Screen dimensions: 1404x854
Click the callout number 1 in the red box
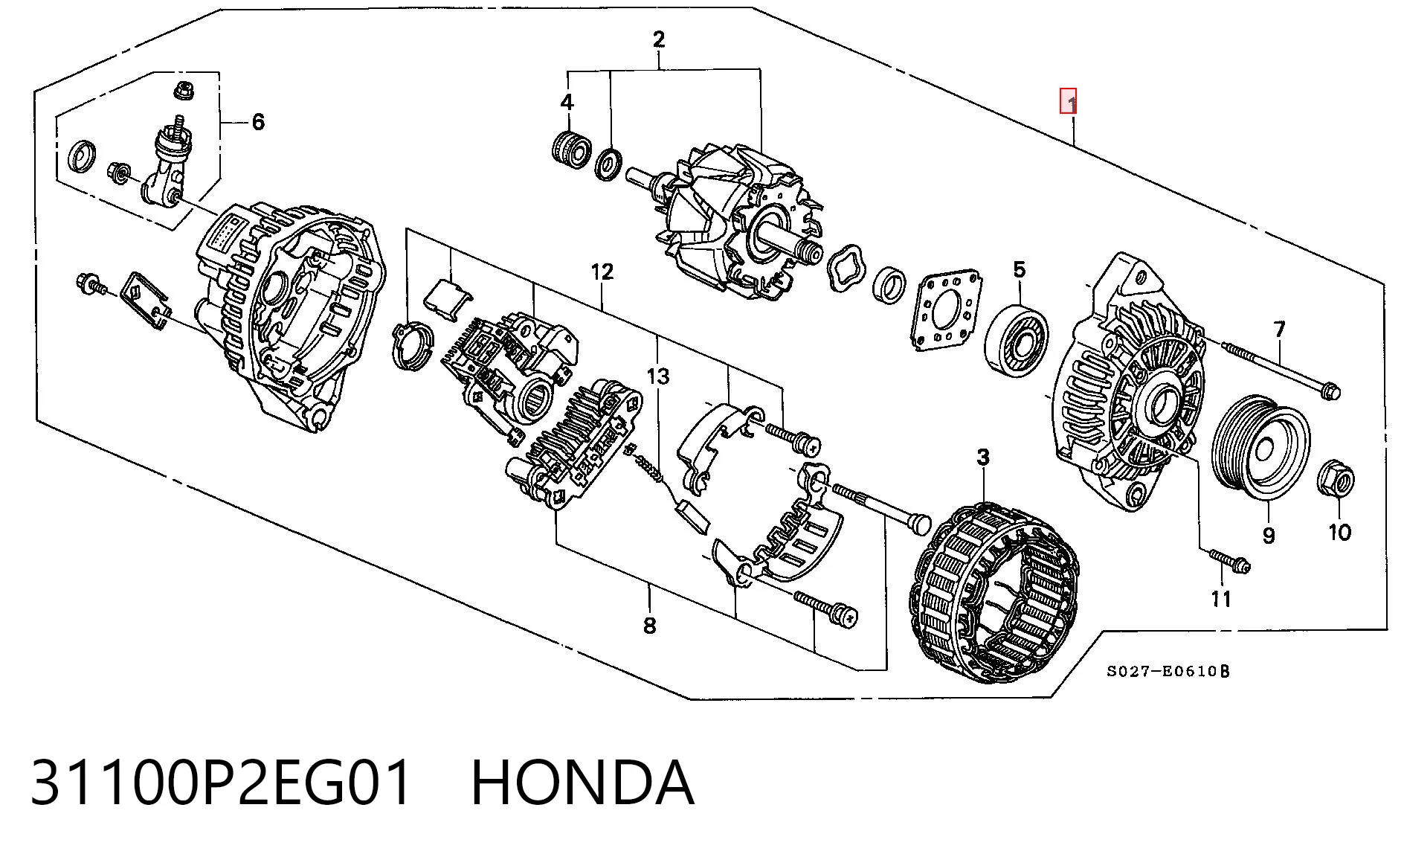pos(1068,101)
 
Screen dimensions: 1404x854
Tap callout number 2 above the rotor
pos(659,39)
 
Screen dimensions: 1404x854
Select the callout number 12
pos(602,272)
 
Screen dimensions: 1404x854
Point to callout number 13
pos(658,376)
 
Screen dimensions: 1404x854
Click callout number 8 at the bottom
pos(649,626)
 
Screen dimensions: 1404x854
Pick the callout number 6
pos(258,121)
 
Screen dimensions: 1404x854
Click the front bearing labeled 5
pos(1016,340)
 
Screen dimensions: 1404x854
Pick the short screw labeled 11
pos(1230,562)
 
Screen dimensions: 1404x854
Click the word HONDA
pos(582,783)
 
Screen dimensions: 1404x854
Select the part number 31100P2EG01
pos(221,783)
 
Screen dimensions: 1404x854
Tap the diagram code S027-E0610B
pos(1168,672)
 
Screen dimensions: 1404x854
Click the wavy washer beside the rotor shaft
pos(846,267)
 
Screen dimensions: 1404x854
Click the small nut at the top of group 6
pos(183,91)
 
